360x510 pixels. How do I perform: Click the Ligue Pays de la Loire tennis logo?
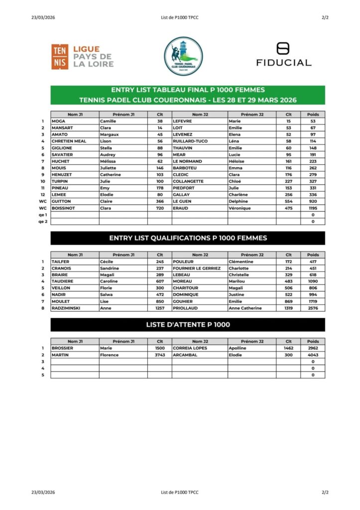click(83, 56)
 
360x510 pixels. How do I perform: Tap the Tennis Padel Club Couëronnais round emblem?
click(183, 56)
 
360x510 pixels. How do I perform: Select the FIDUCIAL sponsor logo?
click(283, 55)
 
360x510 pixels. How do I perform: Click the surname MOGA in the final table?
click(58, 121)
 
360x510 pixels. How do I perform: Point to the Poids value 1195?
click(313, 208)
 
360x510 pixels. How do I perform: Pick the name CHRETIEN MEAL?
click(69, 141)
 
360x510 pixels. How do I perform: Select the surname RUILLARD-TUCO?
click(190, 141)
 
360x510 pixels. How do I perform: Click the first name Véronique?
click(240, 208)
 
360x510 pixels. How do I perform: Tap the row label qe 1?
click(43, 215)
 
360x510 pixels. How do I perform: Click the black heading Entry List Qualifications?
click(188, 238)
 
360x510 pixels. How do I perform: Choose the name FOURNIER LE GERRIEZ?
click(197, 268)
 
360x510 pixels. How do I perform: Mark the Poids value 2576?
click(313, 308)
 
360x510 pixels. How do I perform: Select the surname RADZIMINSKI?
click(66, 308)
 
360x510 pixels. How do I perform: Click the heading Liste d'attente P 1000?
click(188, 325)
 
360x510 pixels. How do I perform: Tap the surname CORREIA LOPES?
click(190, 348)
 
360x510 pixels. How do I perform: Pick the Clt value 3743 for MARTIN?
click(160, 355)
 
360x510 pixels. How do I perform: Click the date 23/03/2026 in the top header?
click(43, 17)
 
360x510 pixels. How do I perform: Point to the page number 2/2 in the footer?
click(325, 493)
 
